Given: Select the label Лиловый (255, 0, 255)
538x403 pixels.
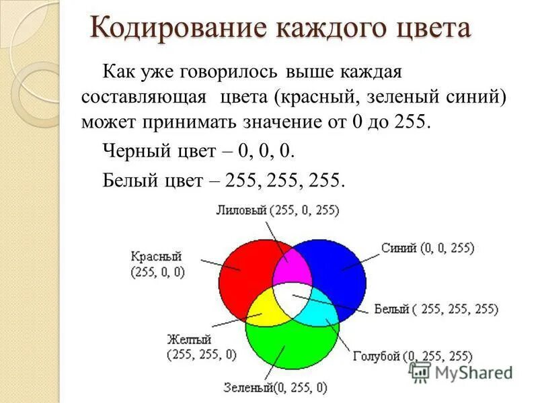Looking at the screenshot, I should point(277,210).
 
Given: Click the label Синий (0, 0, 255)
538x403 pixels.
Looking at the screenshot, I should point(427,248).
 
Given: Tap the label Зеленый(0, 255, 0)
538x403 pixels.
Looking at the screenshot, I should point(276,388).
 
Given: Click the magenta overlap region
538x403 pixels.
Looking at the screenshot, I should point(292,265).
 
